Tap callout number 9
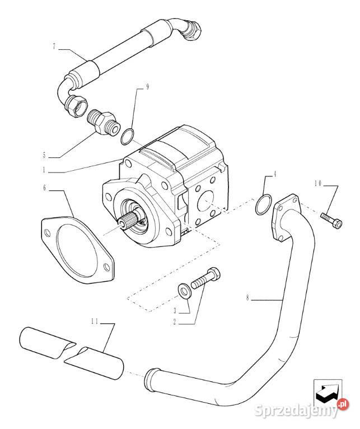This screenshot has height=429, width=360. (147, 87)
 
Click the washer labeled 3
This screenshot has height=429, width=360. (183, 289)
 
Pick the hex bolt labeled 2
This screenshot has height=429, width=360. (207, 279)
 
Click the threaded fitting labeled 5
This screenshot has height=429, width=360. (103, 122)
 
